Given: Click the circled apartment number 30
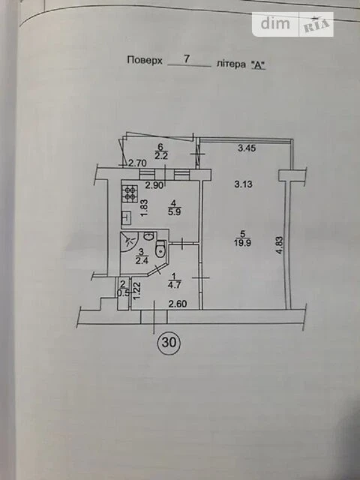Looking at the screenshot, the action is click(169, 343).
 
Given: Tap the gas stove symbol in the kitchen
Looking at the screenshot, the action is click(130, 193).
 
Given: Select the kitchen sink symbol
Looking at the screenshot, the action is click(127, 218).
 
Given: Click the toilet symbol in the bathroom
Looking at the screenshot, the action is click(160, 249).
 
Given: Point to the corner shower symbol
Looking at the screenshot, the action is click(130, 241).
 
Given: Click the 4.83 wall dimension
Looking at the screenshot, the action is click(279, 246).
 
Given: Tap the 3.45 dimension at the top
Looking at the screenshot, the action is click(247, 148).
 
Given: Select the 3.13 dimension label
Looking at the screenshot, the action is click(243, 184).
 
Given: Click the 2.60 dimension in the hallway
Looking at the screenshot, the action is click(178, 304).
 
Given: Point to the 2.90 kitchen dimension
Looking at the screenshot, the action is click(154, 184).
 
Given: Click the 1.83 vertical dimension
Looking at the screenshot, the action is click(145, 208).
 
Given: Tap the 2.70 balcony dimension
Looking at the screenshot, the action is click(137, 163).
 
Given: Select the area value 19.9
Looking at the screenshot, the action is click(242, 244).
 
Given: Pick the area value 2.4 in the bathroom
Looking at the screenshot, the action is click(141, 261).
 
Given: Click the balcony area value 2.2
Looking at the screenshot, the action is click(160, 156).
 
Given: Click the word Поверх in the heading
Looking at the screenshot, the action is click(145, 60).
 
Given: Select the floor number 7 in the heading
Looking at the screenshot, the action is click(187, 59).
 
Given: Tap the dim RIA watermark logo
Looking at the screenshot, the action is click(292, 24).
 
